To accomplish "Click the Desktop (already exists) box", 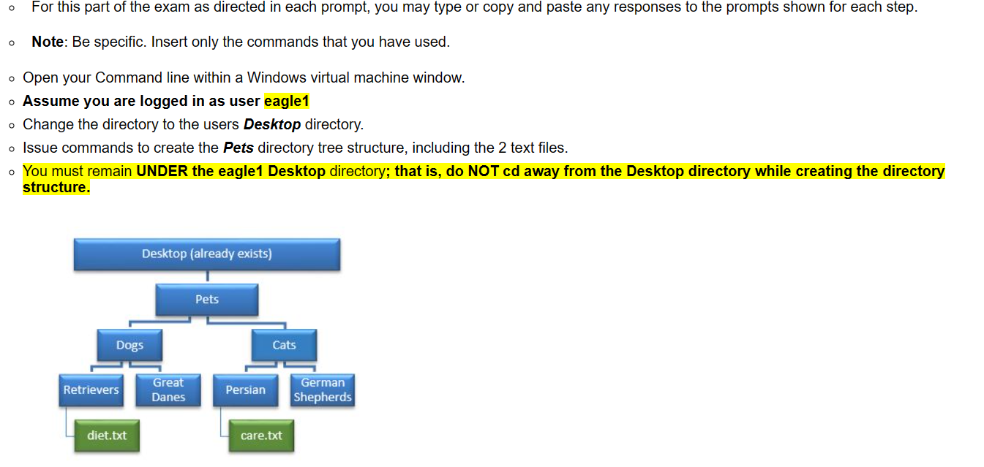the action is (207, 254).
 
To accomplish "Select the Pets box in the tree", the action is (207, 300).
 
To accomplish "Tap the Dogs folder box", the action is (129, 345).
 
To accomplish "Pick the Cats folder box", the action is (284, 345).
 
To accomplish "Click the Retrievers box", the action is (91, 390).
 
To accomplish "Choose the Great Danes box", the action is (168, 390).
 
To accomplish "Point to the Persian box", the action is (246, 390).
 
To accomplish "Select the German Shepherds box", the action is (323, 390).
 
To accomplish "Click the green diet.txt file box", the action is (107, 436).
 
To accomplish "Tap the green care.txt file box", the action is (261, 436).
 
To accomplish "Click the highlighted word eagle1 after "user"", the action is (287, 101).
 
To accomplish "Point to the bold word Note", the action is (48, 42).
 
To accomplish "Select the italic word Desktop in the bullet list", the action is (272, 125).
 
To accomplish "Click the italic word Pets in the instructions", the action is (239, 148).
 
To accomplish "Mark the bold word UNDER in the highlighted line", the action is (162, 171).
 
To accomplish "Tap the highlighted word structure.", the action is (56, 187).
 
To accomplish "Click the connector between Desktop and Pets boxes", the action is (207, 277).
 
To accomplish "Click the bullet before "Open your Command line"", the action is (12, 79).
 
